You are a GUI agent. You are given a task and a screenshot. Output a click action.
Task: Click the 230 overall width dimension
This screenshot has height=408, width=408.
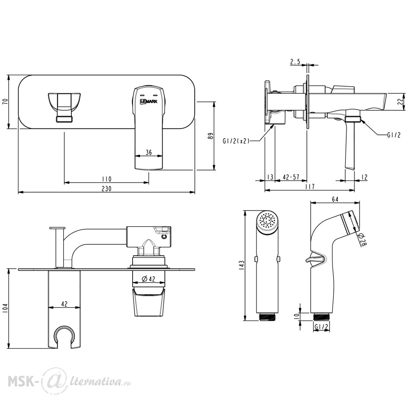pyautogui.click(x=106, y=188)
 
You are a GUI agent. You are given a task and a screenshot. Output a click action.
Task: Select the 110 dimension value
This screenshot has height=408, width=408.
pyautogui.click(x=106, y=179)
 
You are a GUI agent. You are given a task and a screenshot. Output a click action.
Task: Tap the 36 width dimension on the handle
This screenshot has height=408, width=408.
pyautogui.click(x=149, y=152)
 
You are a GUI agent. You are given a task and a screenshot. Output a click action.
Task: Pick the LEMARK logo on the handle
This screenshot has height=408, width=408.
pyautogui.click(x=149, y=102)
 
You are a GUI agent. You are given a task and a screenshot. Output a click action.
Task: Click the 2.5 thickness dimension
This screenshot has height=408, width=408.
pyautogui.click(x=295, y=62)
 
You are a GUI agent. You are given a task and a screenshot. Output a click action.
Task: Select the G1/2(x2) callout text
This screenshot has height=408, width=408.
pyautogui.click(x=236, y=141)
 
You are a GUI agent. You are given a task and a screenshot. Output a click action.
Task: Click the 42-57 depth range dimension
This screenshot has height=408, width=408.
pyautogui.click(x=291, y=177)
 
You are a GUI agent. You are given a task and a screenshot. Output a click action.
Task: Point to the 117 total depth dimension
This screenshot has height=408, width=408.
pyautogui.click(x=310, y=186)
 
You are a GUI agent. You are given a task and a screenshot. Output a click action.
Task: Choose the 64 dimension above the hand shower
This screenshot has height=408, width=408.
pyautogui.click(x=335, y=200)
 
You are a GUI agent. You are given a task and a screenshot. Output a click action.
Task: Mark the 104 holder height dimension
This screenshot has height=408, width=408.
pyautogui.click(x=5, y=308)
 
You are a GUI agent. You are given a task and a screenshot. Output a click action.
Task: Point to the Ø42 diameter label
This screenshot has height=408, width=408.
pyautogui.click(x=149, y=279)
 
